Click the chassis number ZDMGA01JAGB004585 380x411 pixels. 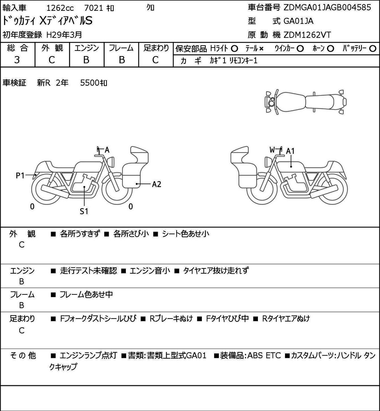coord(327,7)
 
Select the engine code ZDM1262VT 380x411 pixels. coord(307,35)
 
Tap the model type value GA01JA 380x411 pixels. coord(298,21)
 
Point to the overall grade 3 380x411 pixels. coord(17,60)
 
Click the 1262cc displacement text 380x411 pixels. coord(60,8)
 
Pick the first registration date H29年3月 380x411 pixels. coord(64,35)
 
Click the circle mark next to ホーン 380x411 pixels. coord(331,49)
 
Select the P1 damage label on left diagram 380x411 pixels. coord(20,175)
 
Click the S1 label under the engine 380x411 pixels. coord(84,211)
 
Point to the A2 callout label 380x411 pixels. coord(157,184)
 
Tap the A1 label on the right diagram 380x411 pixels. coord(290,151)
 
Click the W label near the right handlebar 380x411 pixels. coord(272,150)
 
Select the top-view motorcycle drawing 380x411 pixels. coord(305,102)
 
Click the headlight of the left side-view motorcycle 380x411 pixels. coord(111,161)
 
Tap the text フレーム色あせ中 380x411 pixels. coord(86,294)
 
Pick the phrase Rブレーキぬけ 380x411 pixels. coord(171,319)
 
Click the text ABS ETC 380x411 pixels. coord(264,355)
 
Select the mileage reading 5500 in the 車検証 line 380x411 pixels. coord(90,83)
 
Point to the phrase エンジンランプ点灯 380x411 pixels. coord(88,355)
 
